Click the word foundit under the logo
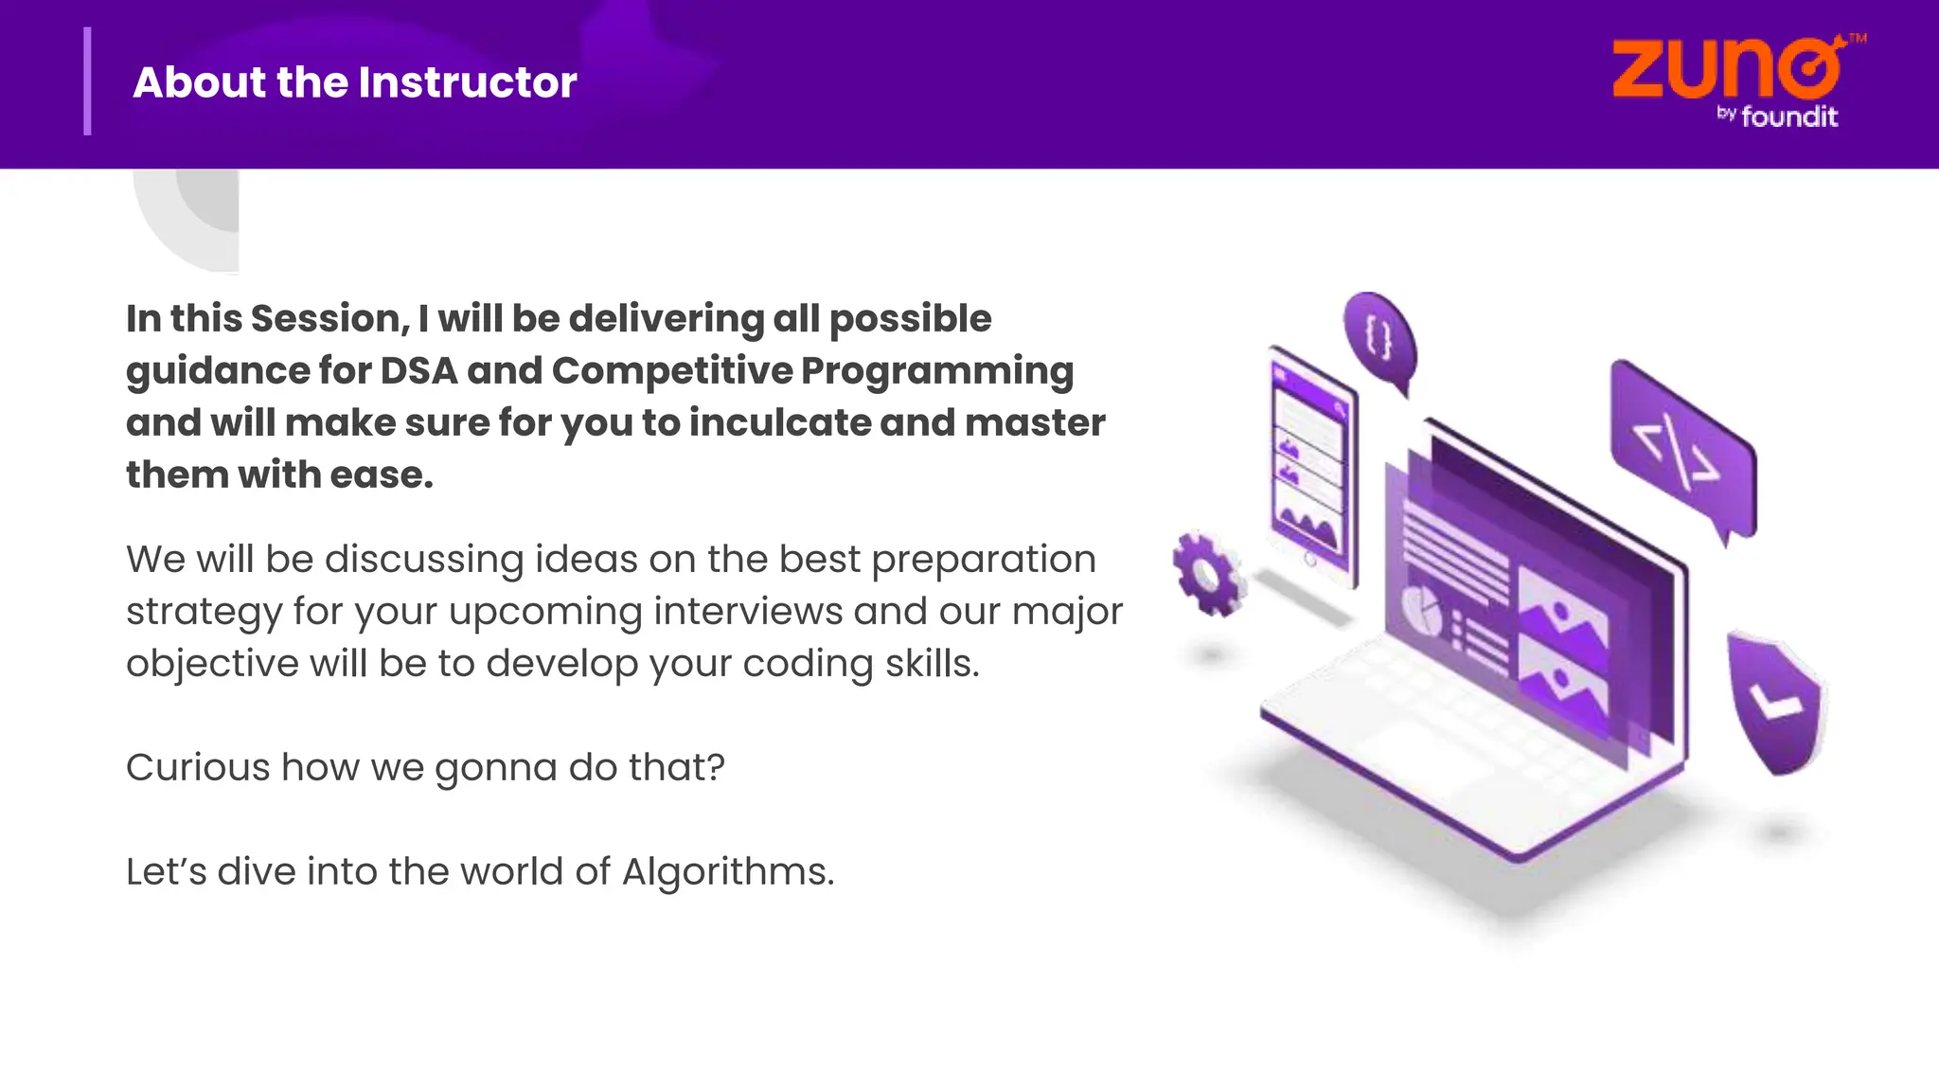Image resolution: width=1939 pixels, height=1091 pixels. (x=1789, y=117)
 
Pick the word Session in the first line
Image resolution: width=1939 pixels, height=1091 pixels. (x=330, y=318)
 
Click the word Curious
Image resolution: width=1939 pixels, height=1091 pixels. (x=198, y=767)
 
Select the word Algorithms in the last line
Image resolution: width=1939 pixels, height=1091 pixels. (x=727, y=872)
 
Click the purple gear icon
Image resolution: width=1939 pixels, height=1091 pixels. (x=1206, y=574)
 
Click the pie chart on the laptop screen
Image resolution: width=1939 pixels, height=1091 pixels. (x=1421, y=609)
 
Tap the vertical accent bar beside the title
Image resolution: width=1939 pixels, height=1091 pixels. (x=88, y=81)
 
